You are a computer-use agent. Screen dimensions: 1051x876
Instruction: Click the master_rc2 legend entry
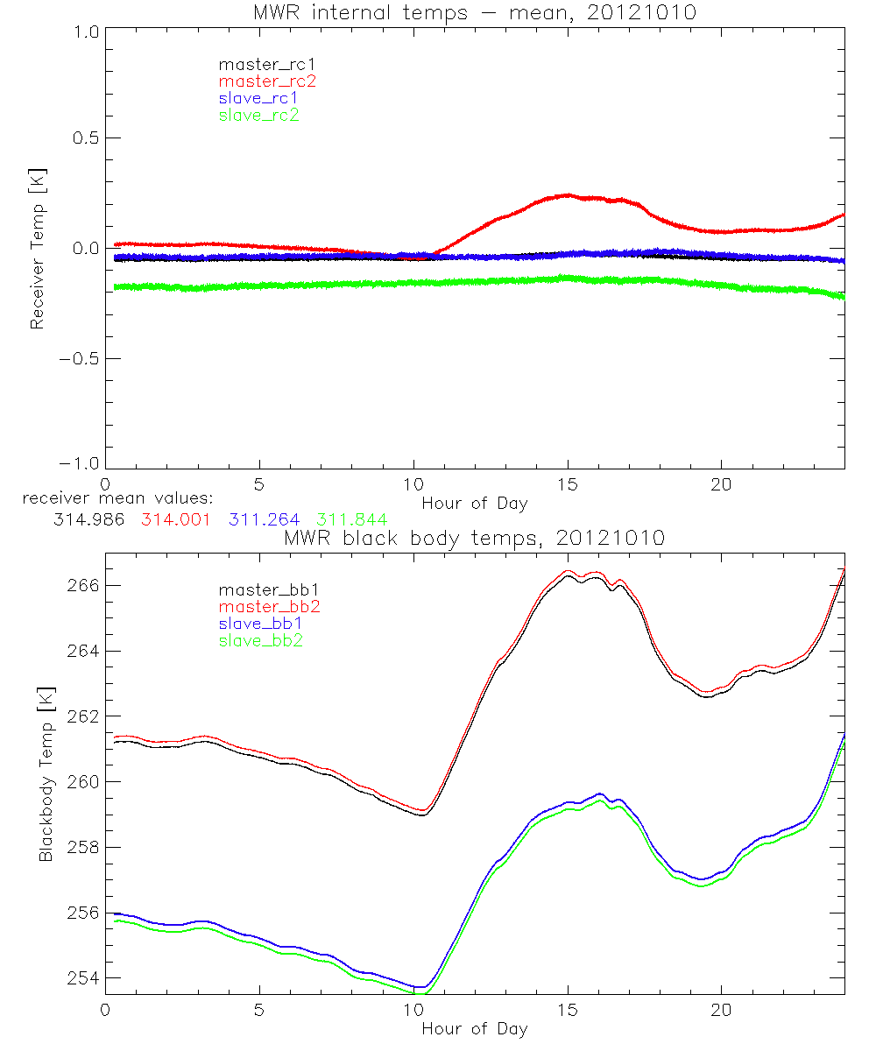point(267,81)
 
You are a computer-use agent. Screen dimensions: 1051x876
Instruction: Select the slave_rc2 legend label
point(258,115)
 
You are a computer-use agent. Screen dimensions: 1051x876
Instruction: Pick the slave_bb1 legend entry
point(258,624)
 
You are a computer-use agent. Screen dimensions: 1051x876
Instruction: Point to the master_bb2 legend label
point(267,607)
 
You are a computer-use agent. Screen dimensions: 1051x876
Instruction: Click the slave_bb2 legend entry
point(258,641)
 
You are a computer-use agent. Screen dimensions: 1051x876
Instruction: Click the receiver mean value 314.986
point(88,519)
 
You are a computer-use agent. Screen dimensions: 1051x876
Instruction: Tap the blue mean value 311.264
point(264,519)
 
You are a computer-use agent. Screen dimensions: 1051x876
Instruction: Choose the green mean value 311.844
point(351,519)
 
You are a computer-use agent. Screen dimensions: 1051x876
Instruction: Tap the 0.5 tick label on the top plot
point(83,138)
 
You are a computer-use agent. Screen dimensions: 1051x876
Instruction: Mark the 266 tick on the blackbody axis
point(83,585)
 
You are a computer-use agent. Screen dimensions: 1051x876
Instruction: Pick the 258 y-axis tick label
point(83,847)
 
